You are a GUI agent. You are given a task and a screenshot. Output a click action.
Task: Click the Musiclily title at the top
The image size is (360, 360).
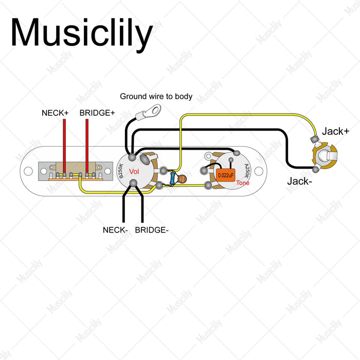pos(81,33)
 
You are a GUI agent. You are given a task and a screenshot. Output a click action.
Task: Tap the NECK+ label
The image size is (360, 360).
pos(55,112)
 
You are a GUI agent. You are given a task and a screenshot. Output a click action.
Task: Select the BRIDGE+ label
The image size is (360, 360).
pos(97,112)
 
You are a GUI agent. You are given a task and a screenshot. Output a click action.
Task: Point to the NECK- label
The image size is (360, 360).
pos(115,230)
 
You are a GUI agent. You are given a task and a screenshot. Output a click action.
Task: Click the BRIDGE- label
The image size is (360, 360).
pos(151,230)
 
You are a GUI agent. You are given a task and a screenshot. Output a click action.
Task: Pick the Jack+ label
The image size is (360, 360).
pos(335,131)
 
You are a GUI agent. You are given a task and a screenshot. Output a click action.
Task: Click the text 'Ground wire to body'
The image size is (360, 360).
pos(156,96)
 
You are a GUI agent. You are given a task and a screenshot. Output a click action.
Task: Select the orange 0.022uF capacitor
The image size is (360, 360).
pos(226,175)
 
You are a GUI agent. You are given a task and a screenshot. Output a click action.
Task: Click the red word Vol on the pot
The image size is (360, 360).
pos(134,171)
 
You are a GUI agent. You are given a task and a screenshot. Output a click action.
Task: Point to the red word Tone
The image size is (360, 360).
pos(243,183)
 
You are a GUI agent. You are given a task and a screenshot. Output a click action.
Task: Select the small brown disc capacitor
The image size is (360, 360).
pos(182,178)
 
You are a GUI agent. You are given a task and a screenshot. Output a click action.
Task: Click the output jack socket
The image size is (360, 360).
pos(325,154)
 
